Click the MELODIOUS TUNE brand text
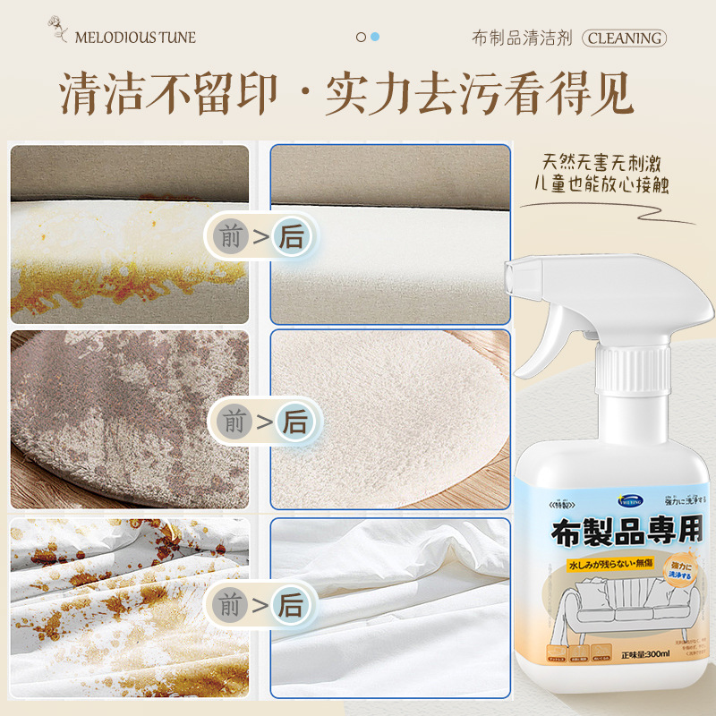click(135, 38)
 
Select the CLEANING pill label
click(625, 38)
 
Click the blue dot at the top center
click(375, 37)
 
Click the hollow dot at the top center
click(361, 37)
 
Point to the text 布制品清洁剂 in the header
click(522, 38)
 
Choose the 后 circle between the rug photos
click(294, 421)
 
